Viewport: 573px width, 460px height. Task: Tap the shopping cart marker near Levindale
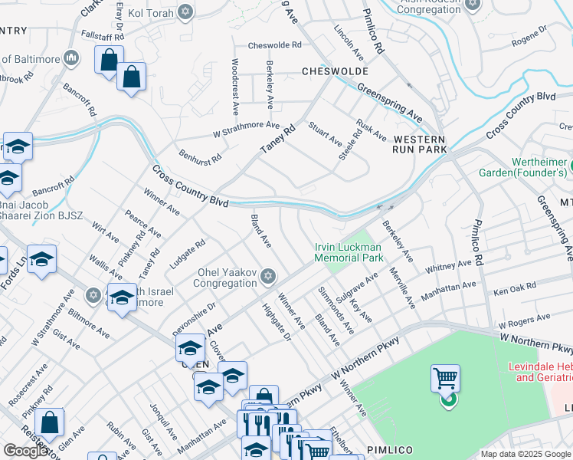tap(445, 379)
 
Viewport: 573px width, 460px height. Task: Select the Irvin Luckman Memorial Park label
tap(349, 252)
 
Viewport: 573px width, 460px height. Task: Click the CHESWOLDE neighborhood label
tap(332, 71)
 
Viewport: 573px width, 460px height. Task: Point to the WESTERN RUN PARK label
tap(419, 145)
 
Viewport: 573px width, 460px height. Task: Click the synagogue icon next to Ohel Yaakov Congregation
tap(267, 275)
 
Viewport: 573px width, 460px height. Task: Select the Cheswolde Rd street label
tap(274, 45)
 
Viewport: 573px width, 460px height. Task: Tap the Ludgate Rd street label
tap(188, 254)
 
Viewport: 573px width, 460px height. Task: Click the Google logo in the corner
tap(26, 451)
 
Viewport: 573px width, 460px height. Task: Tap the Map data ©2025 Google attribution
tap(525, 454)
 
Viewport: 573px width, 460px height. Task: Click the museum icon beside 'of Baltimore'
tap(71, 58)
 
